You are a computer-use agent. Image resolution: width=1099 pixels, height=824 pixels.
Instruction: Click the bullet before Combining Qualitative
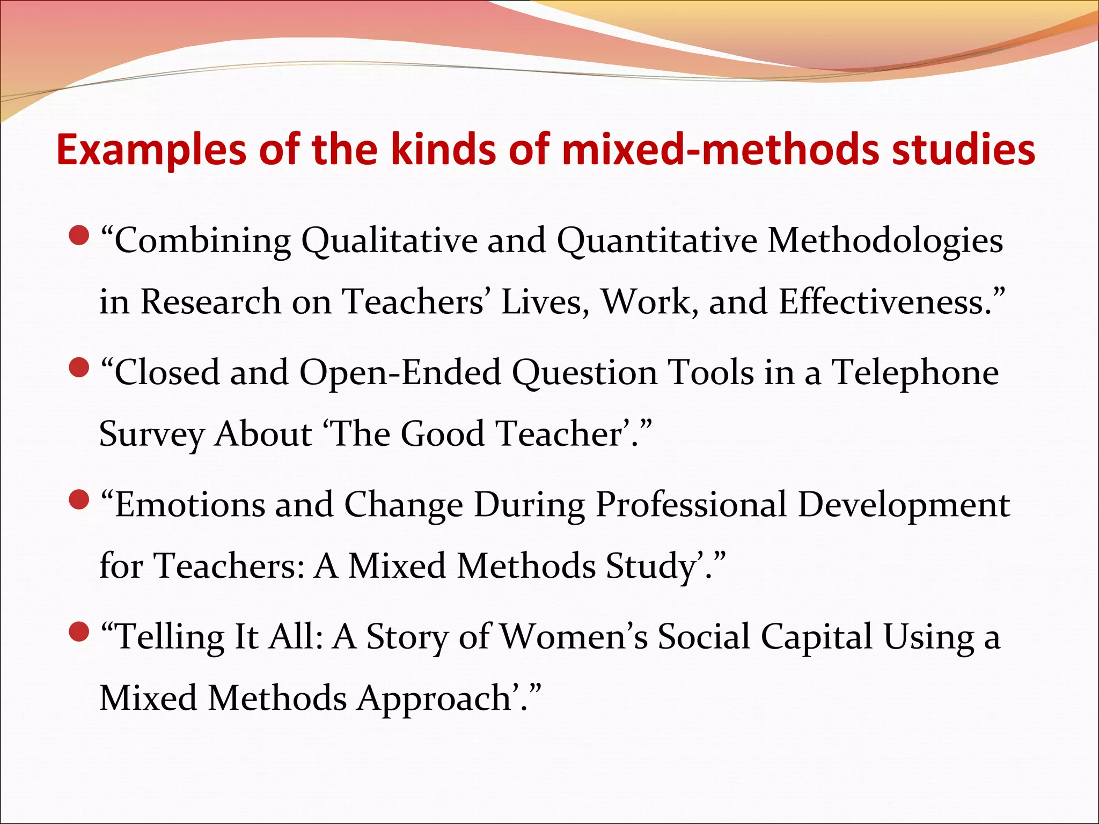point(79,236)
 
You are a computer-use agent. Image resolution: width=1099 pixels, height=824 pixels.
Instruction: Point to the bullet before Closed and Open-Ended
point(79,368)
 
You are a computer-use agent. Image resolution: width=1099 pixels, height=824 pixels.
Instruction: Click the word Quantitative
point(657,241)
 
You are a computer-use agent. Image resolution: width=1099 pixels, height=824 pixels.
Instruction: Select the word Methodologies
point(885,241)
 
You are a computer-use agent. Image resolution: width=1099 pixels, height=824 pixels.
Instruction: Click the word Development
point(904,505)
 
